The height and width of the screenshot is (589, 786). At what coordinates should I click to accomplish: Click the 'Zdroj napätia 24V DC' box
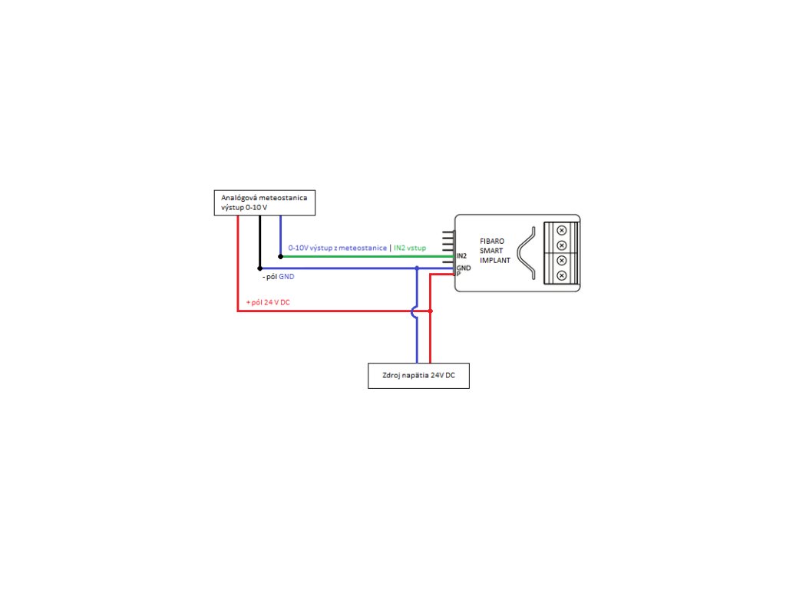418,376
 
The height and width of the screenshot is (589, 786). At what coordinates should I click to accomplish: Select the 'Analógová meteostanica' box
264,202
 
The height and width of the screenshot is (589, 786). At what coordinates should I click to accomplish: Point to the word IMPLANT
495,261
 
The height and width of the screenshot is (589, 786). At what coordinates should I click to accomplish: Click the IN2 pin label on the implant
461,255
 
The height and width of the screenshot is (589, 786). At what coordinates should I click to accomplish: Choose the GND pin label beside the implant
463,268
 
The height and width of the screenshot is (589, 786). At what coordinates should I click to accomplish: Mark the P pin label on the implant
458,275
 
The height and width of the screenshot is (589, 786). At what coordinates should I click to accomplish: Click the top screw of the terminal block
561,230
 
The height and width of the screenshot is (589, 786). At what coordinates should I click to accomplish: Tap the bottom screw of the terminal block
561,275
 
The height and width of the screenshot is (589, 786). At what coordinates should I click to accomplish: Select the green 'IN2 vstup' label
411,248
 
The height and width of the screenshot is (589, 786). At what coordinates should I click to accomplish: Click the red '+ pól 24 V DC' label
268,303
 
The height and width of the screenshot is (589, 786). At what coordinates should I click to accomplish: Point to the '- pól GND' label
278,276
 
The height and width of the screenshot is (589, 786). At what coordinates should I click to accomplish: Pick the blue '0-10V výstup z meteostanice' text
337,248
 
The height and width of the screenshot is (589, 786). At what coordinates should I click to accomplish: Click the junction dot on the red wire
430,311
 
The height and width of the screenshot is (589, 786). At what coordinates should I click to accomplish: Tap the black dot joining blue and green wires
280,256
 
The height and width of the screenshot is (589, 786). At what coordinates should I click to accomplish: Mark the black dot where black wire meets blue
259,268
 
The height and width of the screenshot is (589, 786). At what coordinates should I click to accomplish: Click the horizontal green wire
361,256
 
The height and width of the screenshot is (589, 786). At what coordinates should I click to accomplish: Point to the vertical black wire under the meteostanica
259,242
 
